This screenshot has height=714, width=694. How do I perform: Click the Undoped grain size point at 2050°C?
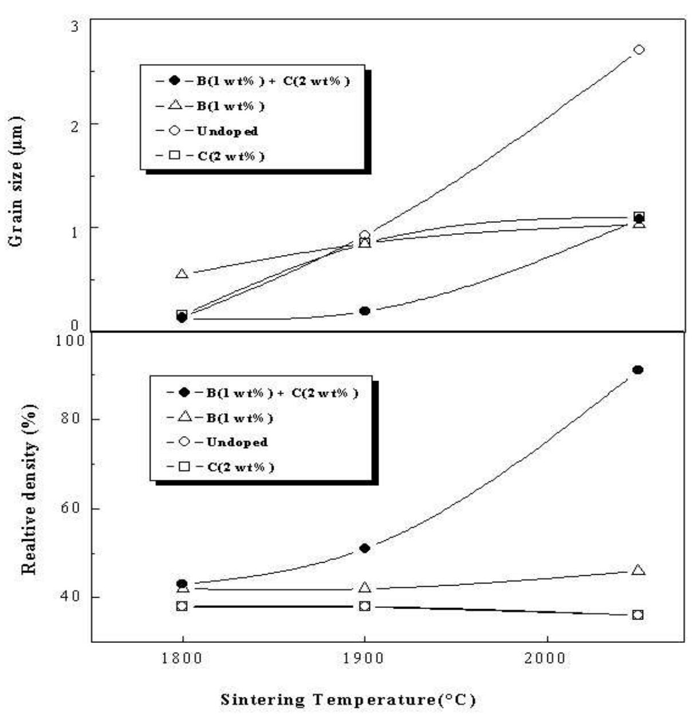[x=639, y=50]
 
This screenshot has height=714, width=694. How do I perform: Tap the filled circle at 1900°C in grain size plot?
[x=364, y=311]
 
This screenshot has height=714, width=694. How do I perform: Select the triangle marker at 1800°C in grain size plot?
[x=182, y=273]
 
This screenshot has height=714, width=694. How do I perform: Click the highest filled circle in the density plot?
[x=637, y=370]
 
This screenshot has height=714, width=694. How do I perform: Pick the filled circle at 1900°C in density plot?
[x=364, y=548]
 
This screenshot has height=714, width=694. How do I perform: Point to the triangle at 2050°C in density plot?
[x=638, y=570]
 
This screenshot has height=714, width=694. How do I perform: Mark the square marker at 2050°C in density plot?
[x=638, y=614]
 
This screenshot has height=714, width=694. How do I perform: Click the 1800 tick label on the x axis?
[x=182, y=657]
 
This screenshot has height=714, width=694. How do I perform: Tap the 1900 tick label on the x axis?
[x=364, y=657]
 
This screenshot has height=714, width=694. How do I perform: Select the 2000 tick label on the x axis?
[x=547, y=657]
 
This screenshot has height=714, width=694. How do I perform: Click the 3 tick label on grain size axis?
[x=76, y=26]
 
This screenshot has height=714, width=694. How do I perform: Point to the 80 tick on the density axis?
[x=72, y=419]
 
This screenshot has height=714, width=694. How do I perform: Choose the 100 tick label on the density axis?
[x=72, y=340]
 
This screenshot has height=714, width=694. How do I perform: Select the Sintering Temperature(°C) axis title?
[x=348, y=700]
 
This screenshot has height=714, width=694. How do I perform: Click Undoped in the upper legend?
[x=227, y=131]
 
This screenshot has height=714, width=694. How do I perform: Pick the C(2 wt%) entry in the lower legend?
[x=240, y=467]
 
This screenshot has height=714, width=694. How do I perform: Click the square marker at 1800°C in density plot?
[x=182, y=606]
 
